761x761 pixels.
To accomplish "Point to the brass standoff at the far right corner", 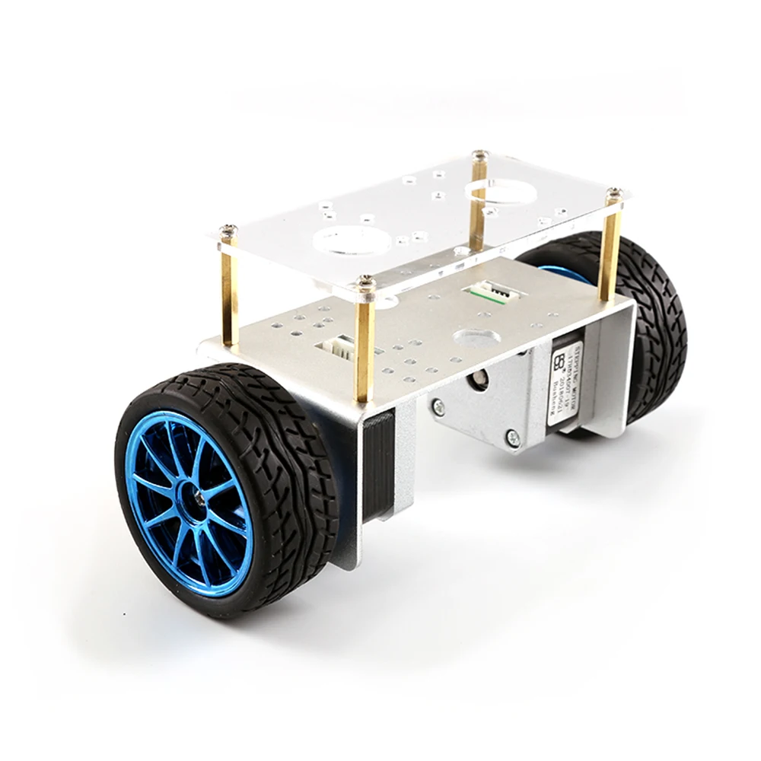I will pos(610,251).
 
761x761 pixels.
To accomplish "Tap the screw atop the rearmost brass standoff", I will pos(479,155).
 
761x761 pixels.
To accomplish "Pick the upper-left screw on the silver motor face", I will pos(437,408).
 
